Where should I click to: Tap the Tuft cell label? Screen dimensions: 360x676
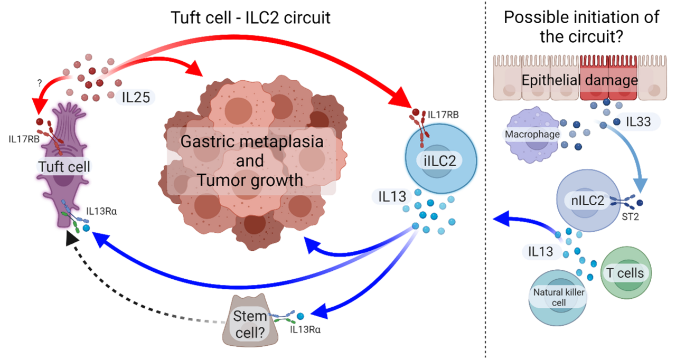(64, 167)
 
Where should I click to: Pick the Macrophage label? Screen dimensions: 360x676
(531, 134)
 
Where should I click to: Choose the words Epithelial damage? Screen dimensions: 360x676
(579, 81)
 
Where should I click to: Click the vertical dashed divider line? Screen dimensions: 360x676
(485, 179)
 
